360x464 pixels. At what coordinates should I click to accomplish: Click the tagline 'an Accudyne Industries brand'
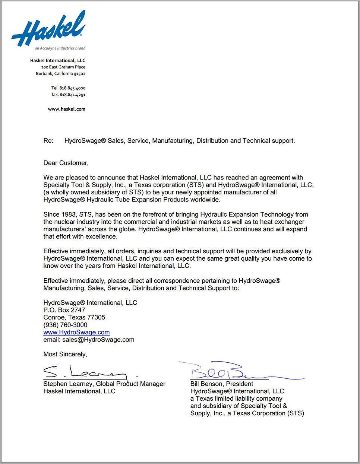[60, 48]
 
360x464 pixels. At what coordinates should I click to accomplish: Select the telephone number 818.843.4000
[72, 88]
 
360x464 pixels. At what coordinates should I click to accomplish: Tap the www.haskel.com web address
[67, 109]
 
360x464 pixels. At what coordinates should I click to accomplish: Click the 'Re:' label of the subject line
[48, 141]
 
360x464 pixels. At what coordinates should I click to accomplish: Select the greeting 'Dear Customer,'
[66, 163]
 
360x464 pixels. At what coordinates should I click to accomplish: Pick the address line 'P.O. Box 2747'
[64, 310]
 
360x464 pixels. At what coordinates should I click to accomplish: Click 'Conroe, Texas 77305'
[74, 317]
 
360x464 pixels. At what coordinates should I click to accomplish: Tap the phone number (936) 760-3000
[65, 325]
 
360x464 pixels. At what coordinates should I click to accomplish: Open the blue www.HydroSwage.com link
[76, 332]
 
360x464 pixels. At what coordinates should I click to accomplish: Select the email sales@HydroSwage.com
[98, 340]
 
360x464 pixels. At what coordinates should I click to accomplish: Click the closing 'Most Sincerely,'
[65, 354]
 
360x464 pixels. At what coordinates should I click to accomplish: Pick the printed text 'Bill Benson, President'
[221, 384]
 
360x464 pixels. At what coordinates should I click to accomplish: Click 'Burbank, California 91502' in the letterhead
[61, 74]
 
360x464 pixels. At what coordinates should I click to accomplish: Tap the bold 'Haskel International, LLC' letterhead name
[58, 60]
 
